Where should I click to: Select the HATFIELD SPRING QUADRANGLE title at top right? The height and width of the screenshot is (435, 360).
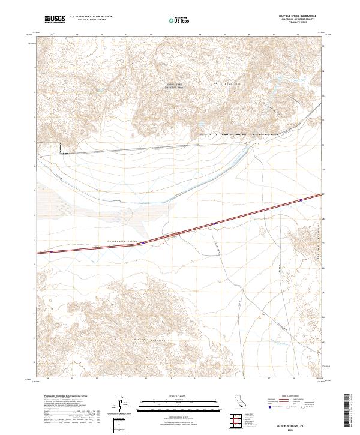[x=298, y=16]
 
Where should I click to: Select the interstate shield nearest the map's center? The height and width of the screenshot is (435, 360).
[x=214, y=223]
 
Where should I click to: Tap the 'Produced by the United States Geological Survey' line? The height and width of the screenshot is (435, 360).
[x=60, y=397]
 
